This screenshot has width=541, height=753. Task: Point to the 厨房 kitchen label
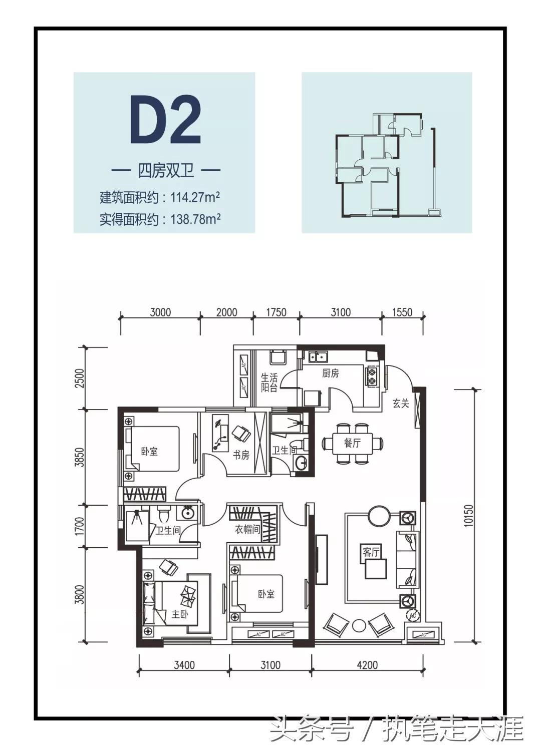330,373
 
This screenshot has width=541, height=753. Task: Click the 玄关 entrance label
401,404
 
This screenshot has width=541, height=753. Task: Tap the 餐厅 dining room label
352,443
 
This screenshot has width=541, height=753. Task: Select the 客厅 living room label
371,552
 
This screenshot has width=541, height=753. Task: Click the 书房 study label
241,455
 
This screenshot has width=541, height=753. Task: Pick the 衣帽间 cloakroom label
248,529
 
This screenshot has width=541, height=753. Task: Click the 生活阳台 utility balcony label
269,383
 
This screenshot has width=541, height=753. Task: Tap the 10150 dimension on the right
468,515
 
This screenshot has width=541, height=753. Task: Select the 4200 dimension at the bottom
367,665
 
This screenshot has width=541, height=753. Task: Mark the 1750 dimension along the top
276,312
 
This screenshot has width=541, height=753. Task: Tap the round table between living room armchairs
359,626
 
